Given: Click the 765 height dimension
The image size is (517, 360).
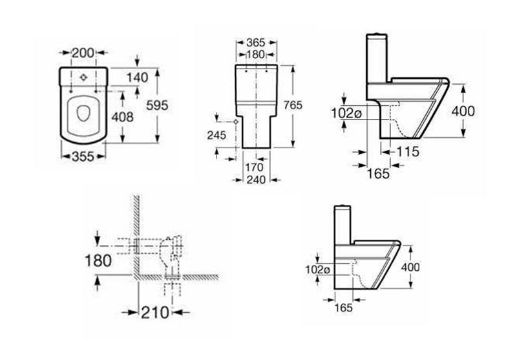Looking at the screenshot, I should (x=304, y=105).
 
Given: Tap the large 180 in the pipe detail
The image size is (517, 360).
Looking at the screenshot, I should (x=98, y=260).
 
